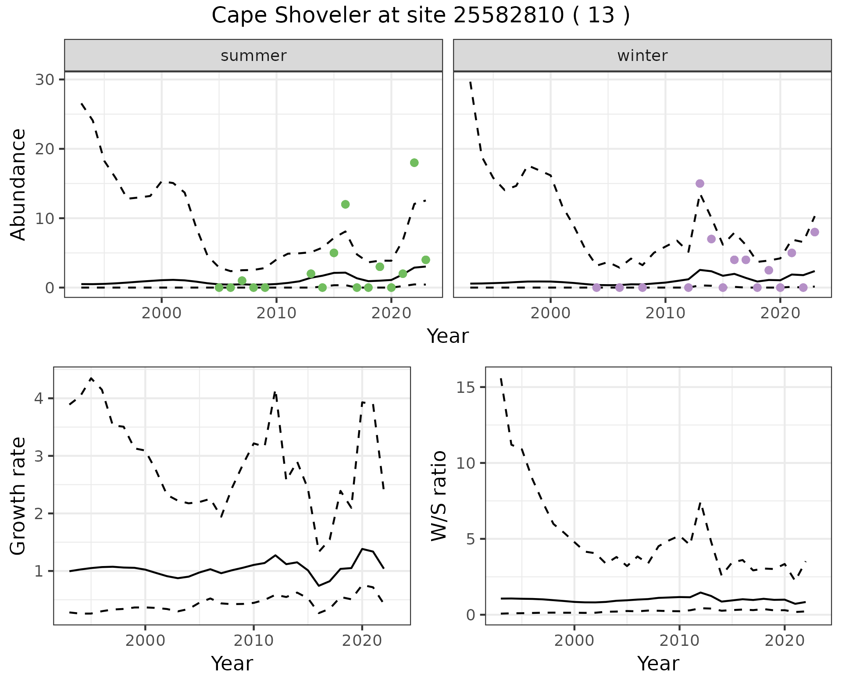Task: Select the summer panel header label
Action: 253,56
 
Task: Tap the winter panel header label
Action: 642,56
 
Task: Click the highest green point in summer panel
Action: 414,163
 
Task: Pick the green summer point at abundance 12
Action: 345,204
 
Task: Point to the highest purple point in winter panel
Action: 700,183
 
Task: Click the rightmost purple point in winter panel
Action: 814,232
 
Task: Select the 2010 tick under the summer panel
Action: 276,313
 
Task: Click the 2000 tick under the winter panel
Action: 550,313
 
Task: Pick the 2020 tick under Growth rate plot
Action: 362,641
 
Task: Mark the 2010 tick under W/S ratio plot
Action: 679,641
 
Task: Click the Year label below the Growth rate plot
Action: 232,663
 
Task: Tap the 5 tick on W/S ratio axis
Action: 471,539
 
